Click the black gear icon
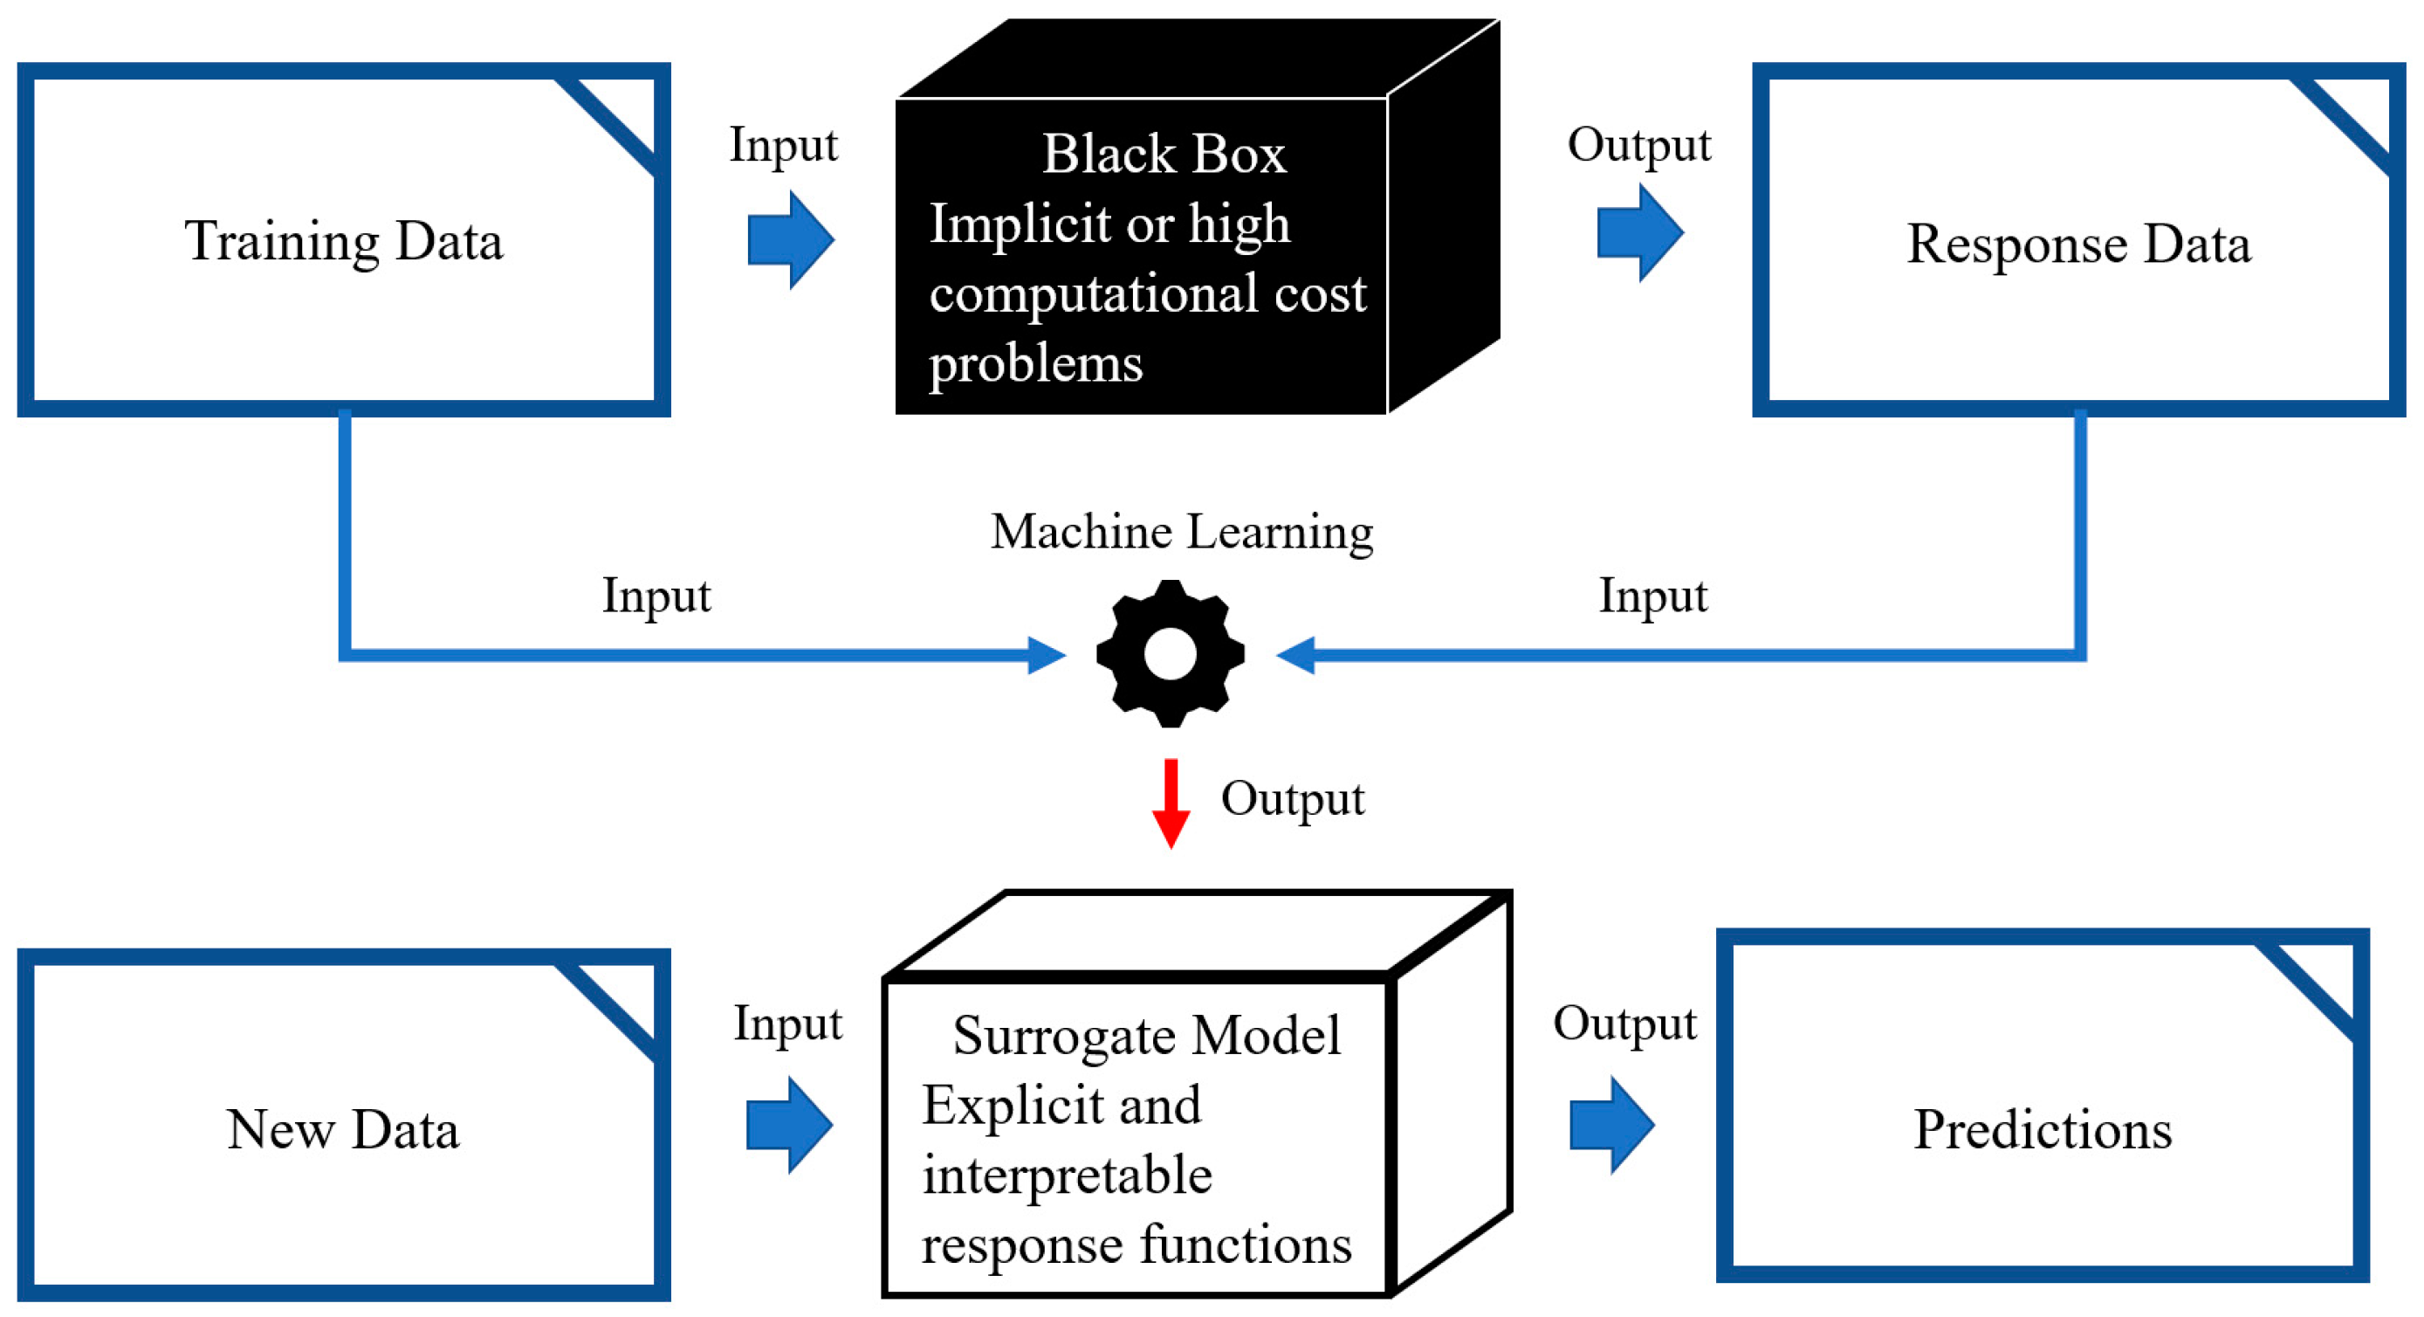pos(1170,653)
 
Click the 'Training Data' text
pos(343,241)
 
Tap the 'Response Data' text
pos(2077,244)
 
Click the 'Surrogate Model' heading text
pos(1146,1035)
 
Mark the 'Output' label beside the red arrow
pos(1292,798)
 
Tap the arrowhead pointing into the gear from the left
pos(1047,654)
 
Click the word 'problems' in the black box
pos(1035,364)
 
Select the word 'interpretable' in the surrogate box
pos(1066,1175)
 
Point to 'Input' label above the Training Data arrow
pos(783,145)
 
